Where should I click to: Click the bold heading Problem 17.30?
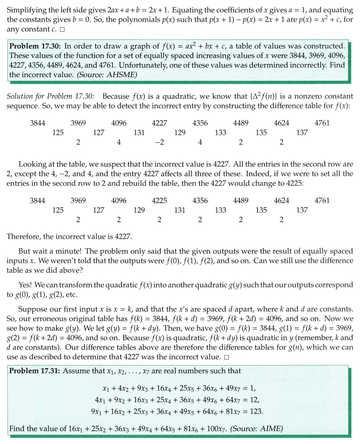tap(35, 46)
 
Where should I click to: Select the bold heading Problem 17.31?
tap(35, 371)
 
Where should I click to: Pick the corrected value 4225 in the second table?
tap(159, 200)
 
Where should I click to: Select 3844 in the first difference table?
tap(37, 123)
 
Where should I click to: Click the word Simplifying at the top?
tap(25, 10)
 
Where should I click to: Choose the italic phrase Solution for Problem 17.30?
tap(51, 96)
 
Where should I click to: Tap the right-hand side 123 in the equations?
tap(256, 411)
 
